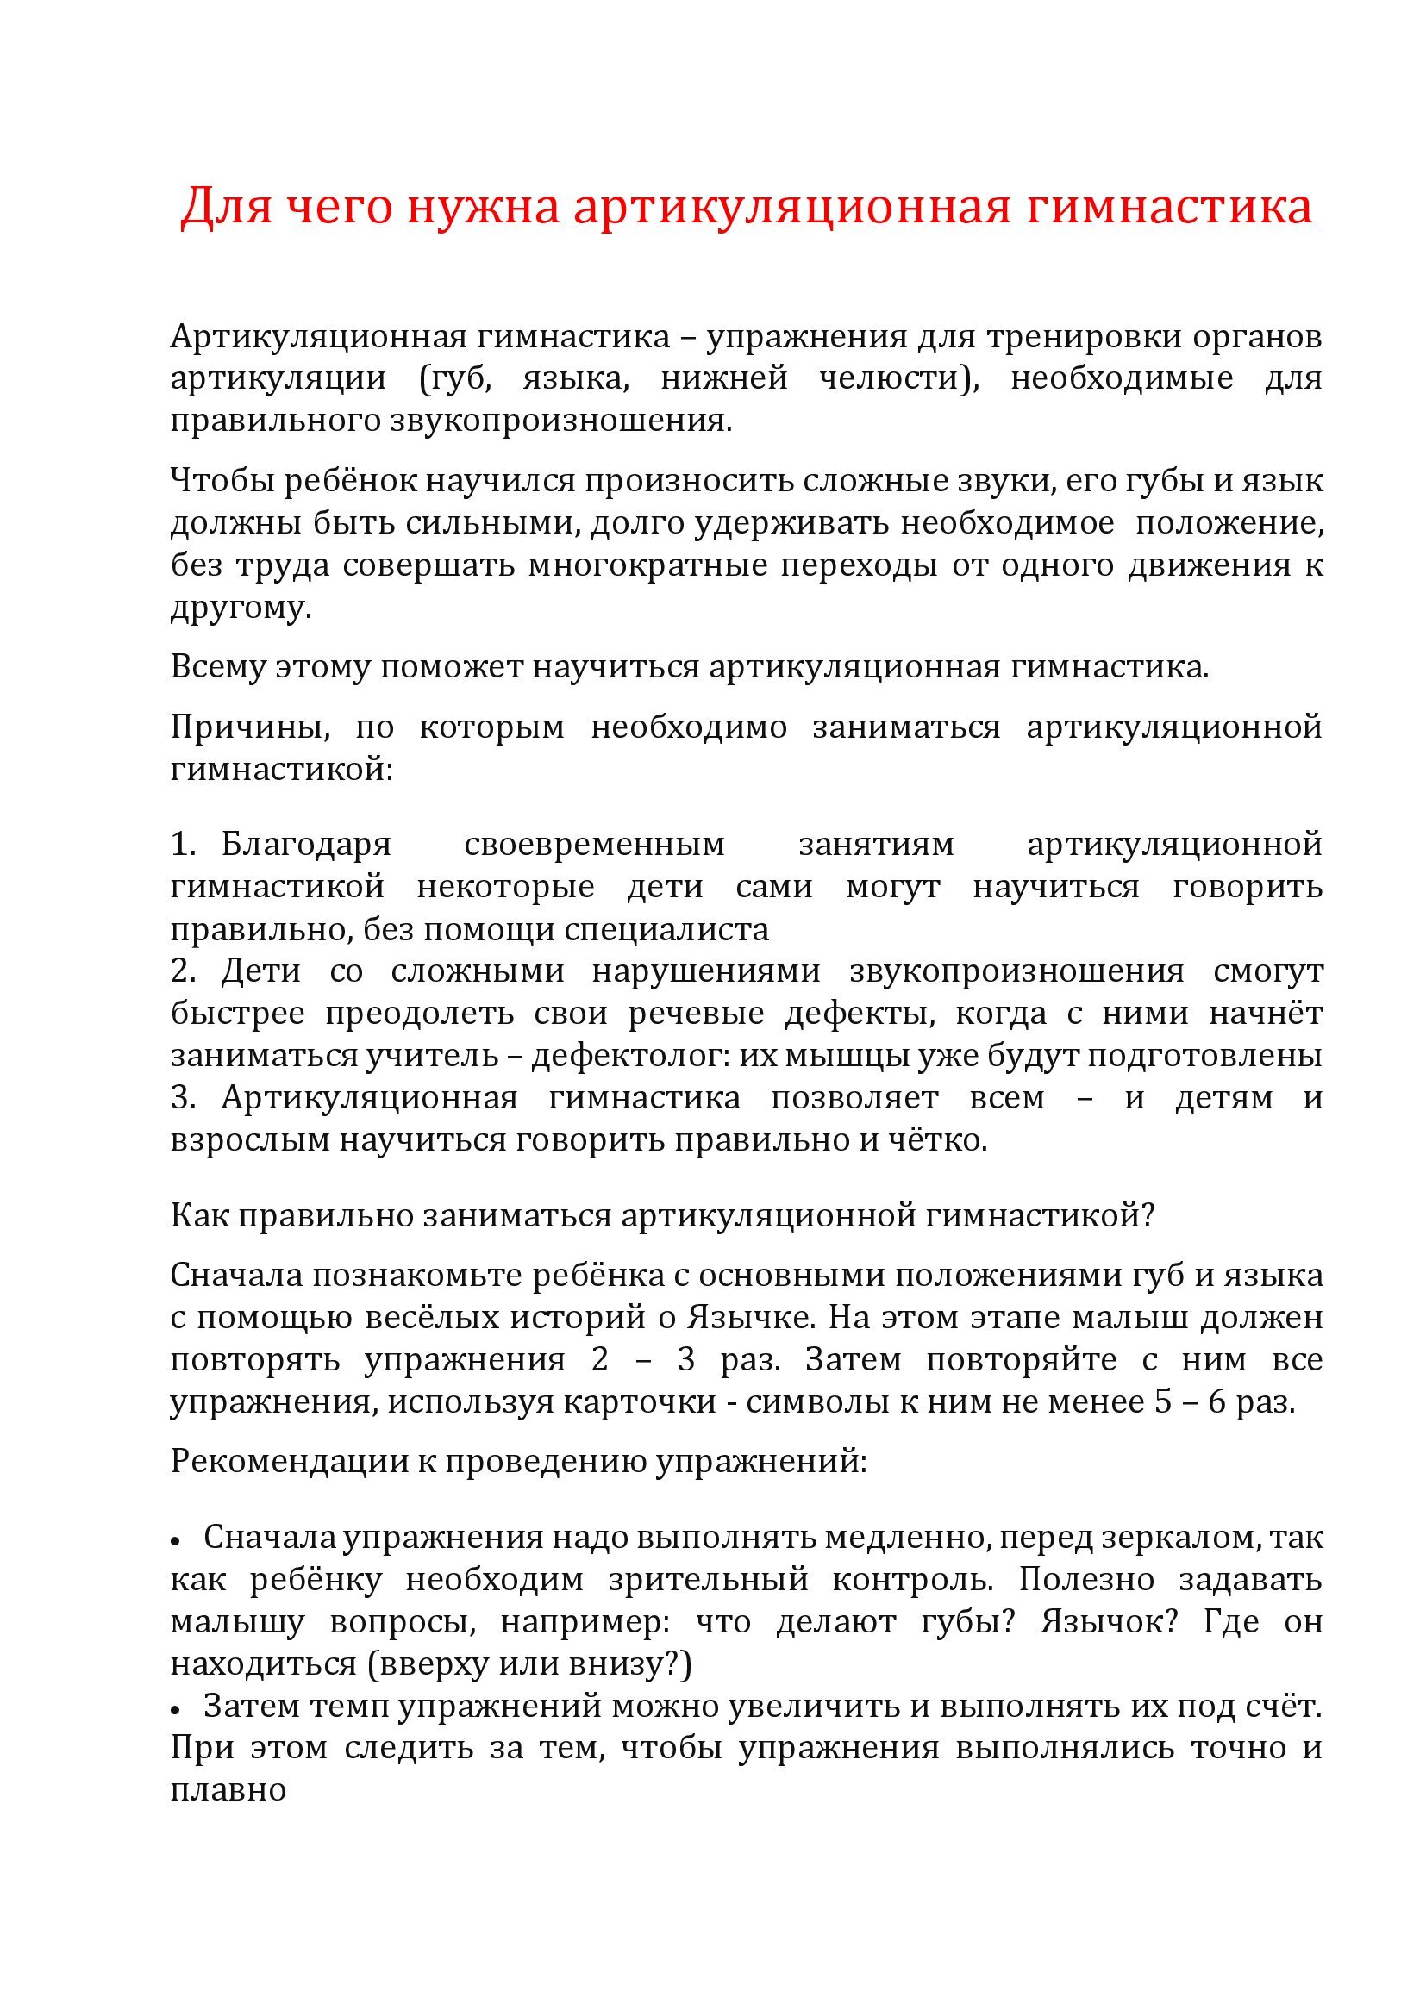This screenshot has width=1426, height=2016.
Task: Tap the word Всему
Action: click(x=218, y=666)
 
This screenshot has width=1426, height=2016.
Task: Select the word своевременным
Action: click(x=595, y=844)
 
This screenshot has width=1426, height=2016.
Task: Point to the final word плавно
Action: click(x=228, y=1790)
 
